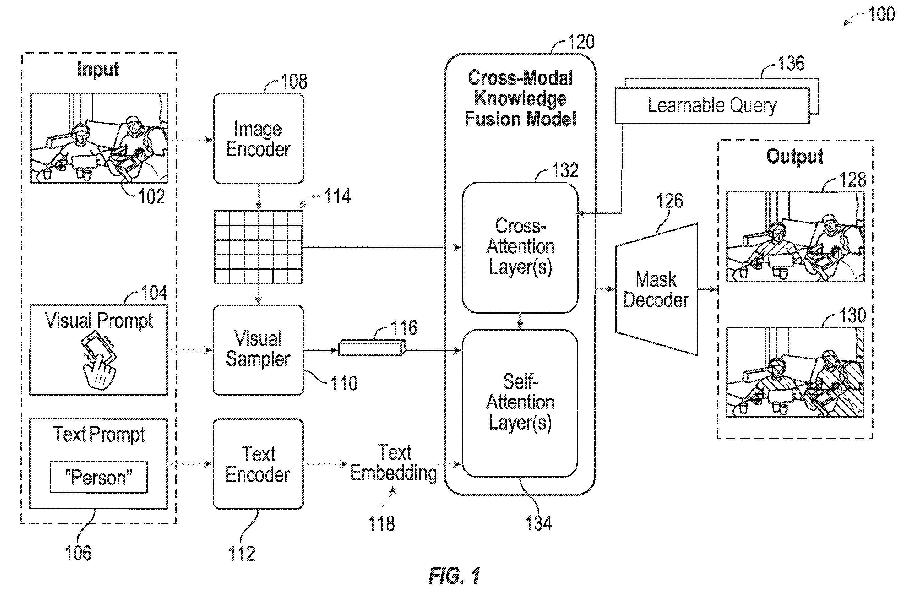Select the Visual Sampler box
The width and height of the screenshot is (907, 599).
[259, 350]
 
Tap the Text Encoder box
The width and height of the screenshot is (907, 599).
[258, 464]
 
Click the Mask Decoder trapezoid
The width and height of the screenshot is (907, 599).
[656, 289]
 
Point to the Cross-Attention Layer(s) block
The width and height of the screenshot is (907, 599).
[520, 248]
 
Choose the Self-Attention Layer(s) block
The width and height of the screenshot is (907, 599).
[520, 404]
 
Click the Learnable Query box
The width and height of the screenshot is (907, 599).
[712, 105]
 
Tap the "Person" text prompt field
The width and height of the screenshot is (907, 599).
[99, 477]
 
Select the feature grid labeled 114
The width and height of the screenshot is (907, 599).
[259, 247]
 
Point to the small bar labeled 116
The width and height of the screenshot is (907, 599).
[372, 348]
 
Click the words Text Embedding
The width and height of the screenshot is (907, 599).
[394, 463]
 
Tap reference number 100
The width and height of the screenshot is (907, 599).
[881, 14]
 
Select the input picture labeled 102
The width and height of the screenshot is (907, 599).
[99, 138]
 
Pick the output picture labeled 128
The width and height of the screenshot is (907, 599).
[795, 237]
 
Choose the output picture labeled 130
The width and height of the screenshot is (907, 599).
[795, 372]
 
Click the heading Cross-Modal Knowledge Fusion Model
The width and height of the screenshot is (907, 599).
[520, 98]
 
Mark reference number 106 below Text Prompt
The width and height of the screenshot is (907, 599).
[78, 553]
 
